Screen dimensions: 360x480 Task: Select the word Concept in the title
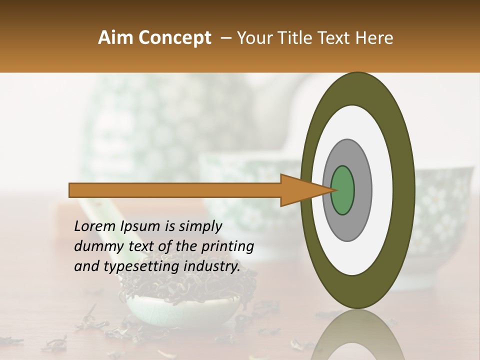(174, 38)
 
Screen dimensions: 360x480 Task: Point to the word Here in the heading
(374, 38)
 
